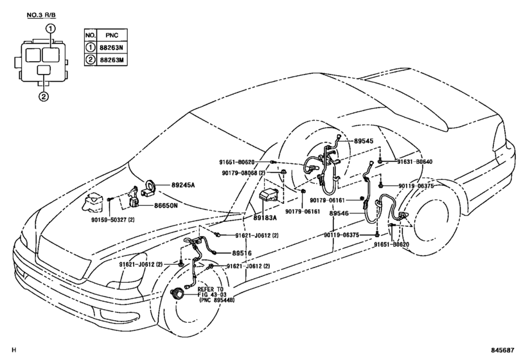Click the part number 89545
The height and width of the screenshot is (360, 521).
364,141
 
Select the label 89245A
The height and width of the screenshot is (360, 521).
183,185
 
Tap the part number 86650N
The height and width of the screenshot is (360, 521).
166,206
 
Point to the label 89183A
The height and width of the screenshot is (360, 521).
265,218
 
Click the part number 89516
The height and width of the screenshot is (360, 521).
242,253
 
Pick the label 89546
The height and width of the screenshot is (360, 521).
339,213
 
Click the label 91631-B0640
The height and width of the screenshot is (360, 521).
415,162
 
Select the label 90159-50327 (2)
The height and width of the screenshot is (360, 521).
112,220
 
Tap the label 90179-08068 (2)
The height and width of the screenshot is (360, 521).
243,173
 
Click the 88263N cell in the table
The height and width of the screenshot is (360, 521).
111,48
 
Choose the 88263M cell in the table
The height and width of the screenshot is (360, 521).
111,60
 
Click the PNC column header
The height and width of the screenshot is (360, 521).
112,35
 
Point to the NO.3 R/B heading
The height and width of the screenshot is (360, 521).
42,15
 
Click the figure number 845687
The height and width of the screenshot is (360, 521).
503,350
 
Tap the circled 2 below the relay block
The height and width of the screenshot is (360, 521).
44,96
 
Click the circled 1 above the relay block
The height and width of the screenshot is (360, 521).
50,28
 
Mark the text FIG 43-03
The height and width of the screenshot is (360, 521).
211,294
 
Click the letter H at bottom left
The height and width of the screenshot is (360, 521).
13,350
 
